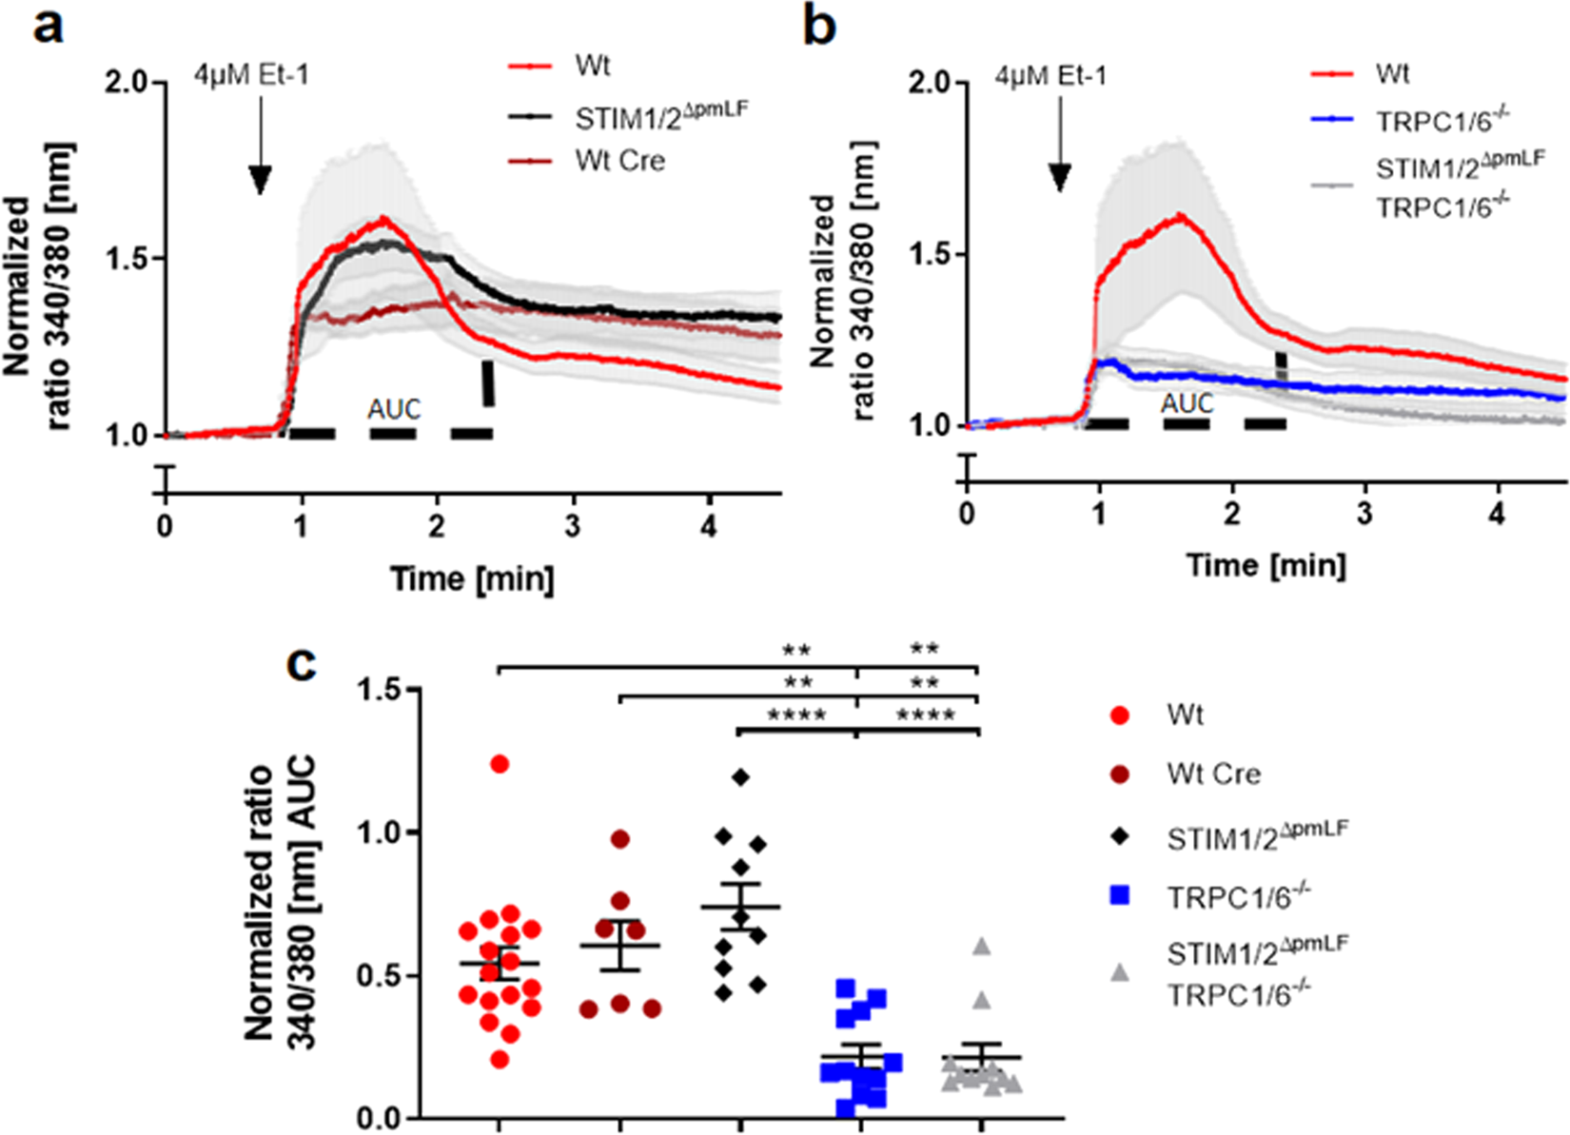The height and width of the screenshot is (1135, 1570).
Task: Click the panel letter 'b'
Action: point(819,26)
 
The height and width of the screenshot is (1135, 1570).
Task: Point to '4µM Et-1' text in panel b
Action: point(1050,75)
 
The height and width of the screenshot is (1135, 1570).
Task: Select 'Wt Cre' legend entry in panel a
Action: point(618,161)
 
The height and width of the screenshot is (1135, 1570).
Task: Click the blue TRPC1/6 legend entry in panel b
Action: point(1442,121)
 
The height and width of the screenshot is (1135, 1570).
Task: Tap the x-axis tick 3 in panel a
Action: point(572,526)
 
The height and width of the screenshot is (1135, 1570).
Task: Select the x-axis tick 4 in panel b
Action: point(1498,514)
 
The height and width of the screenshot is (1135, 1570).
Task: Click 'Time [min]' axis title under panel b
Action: point(1266,565)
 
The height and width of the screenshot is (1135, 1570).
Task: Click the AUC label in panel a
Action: point(394,409)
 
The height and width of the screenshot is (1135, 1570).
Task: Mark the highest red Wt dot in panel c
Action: point(500,764)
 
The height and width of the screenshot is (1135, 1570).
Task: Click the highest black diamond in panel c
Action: point(741,777)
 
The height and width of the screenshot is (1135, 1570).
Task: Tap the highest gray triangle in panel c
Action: point(982,947)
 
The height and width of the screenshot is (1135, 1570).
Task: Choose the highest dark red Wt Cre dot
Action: point(620,839)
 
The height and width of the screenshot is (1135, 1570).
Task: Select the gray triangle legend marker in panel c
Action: point(1121,972)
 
